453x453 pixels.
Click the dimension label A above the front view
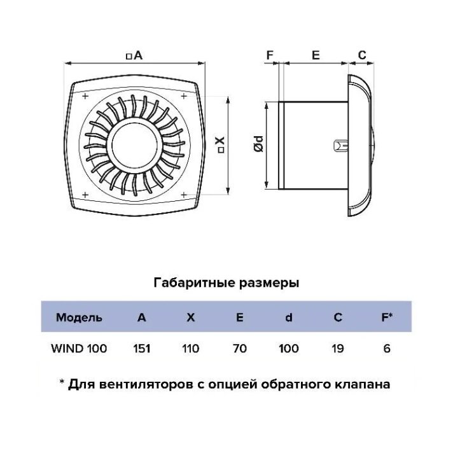pyautogui.click(x=134, y=56)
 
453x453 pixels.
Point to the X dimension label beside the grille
pyautogui.click(x=220, y=144)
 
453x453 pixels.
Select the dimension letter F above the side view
pyautogui.click(x=270, y=55)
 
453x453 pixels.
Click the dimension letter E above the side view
pyautogui.click(x=315, y=55)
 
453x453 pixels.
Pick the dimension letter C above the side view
pyautogui.click(x=361, y=55)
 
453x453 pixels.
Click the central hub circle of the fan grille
pyautogui.click(x=136, y=144)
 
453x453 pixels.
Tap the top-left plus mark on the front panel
pyautogui.click(x=83, y=97)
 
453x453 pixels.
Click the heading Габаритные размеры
pyautogui.click(x=226, y=282)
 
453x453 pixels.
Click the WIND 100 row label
pyautogui.click(x=78, y=349)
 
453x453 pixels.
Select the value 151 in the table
pyautogui.click(x=141, y=349)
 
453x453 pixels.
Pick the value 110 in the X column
pyautogui.click(x=190, y=349)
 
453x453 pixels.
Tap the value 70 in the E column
pyautogui.click(x=239, y=349)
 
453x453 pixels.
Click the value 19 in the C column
pyautogui.click(x=338, y=349)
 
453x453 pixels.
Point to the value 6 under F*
pyautogui.click(x=386, y=349)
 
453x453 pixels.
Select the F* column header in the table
pyautogui.click(x=386, y=317)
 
